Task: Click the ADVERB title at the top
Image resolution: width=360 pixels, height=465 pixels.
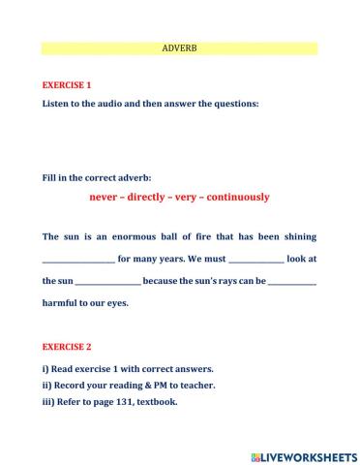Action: [180, 47]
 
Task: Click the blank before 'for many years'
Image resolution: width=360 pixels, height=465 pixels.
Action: [78, 261]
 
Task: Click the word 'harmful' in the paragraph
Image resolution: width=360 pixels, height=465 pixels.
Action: [64, 303]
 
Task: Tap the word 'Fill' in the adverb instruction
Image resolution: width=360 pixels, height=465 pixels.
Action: [50, 178]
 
